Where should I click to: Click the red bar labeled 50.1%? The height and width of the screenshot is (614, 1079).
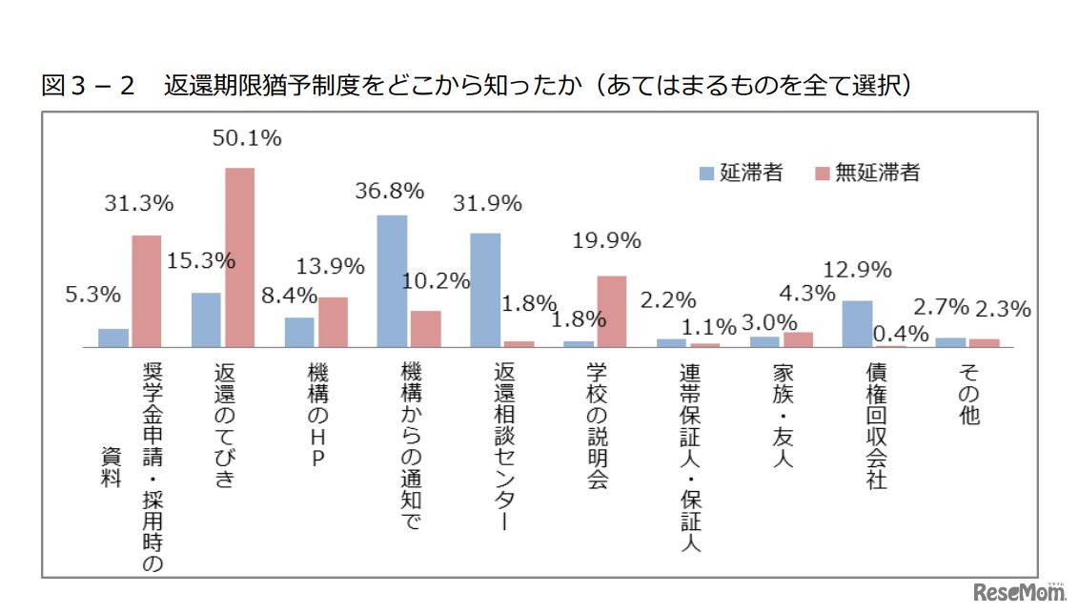point(239,257)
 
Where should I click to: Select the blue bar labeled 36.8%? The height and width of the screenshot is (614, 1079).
point(392,281)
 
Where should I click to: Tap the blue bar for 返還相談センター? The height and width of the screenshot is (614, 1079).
point(485,290)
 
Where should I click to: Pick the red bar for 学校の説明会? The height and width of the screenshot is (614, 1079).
point(611,312)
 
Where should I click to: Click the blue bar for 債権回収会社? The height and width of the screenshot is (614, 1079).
point(857,324)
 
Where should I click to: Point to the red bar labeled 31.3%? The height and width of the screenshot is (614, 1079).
point(146,291)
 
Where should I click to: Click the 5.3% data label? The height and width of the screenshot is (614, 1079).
point(93,295)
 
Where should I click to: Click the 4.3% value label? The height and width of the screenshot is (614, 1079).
point(806,294)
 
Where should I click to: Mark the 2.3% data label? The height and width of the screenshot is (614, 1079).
point(1003,309)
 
